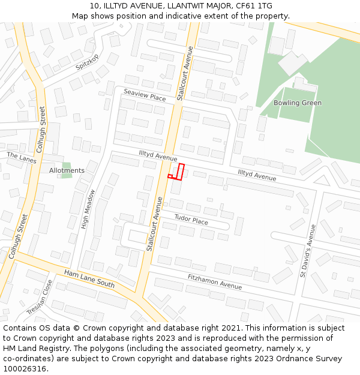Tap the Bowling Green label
(x=297, y=103)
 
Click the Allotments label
(x=67, y=170)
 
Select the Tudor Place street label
(x=191, y=220)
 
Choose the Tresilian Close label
(x=40, y=298)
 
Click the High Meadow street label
(x=88, y=209)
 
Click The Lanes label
(x=22, y=158)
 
